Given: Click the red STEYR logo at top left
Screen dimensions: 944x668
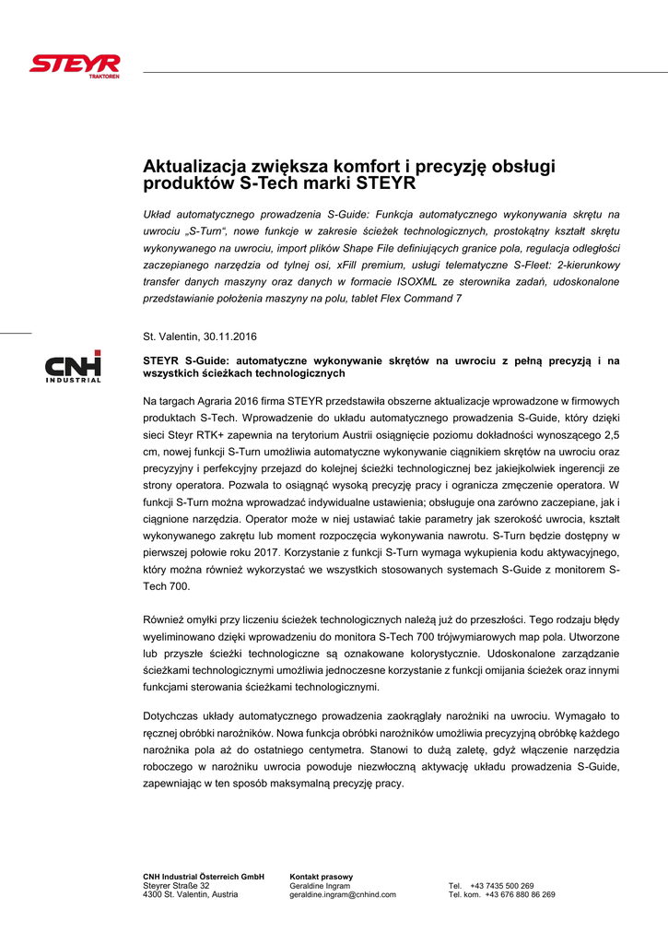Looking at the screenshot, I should click(x=76, y=65).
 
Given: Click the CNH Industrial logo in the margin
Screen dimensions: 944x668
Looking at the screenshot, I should click(x=74, y=367).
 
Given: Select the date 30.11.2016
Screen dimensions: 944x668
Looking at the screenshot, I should click(x=229, y=336).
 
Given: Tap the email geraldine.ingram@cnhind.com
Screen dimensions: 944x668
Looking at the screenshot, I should click(x=343, y=894).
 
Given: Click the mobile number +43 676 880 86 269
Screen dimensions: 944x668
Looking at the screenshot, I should click(x=520, y=894).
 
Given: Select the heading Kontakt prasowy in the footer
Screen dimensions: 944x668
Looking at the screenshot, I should click(x=321, y=876).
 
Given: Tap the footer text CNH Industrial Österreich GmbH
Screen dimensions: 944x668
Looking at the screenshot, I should click(x=204, y=876).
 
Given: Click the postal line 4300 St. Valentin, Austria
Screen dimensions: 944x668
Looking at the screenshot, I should click(x=191, y=894).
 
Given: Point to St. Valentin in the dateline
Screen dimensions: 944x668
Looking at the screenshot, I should click(x=169, y=336).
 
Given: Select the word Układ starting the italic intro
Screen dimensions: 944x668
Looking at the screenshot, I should click(x=158, y=215).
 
